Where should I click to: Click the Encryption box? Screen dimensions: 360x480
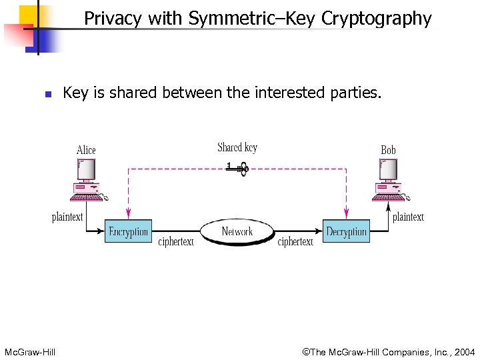(129, 231)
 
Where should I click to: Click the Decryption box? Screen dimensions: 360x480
(346, 231)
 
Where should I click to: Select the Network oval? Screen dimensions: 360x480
(237, 232)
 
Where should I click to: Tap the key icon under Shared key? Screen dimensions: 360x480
(237, 169)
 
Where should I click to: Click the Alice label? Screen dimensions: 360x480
(86, 151)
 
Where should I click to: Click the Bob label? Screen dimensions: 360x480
(388, 151)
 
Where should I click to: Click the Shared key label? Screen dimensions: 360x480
(237, 148)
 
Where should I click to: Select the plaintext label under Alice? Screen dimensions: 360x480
(67, 217)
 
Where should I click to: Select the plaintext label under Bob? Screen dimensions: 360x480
(408, 217)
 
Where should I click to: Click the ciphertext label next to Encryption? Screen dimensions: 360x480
(176, 242)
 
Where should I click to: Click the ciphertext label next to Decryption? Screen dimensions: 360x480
(295, 242)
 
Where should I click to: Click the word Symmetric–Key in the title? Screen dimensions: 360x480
(253, 19)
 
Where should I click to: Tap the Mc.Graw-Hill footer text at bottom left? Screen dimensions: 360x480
(30, 351)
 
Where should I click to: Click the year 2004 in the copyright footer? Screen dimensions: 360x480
(463, 351)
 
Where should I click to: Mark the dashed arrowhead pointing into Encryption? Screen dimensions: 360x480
(129, 215)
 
